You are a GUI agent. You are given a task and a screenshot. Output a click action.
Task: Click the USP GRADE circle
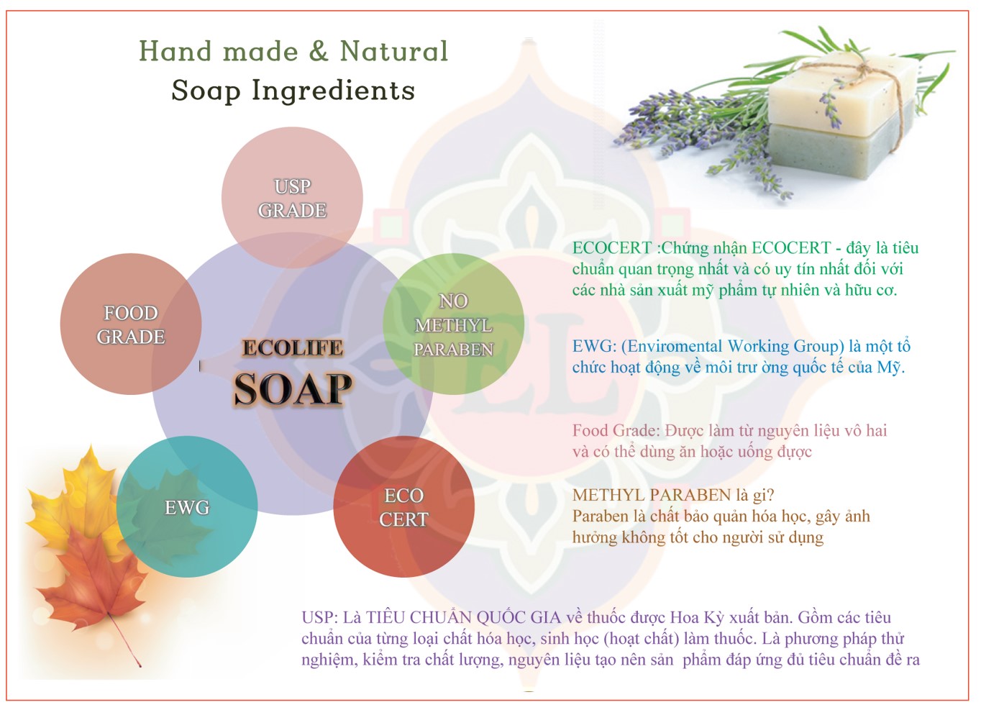292,198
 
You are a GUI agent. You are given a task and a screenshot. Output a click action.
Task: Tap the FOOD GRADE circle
130,324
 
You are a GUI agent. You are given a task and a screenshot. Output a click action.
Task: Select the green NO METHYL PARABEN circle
454,324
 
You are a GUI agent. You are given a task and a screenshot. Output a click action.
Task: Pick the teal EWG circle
187,506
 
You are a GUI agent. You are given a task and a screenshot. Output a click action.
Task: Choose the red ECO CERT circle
403,506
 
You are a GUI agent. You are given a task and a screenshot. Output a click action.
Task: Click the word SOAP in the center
293,389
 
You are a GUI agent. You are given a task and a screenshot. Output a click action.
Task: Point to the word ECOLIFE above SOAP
293,348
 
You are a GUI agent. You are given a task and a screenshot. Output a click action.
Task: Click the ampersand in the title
319,51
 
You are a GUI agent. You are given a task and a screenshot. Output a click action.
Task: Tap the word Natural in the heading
394,51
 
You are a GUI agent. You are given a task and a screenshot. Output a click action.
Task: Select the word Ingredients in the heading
333,91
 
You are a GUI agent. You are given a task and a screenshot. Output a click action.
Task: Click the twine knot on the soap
864,69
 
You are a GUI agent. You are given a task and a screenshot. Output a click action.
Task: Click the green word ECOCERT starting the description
612,248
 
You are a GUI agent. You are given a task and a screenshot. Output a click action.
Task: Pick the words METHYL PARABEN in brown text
652,495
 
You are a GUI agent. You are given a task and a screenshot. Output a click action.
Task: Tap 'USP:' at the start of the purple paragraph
320,618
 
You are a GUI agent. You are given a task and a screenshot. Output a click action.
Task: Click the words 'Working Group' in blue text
785,346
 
